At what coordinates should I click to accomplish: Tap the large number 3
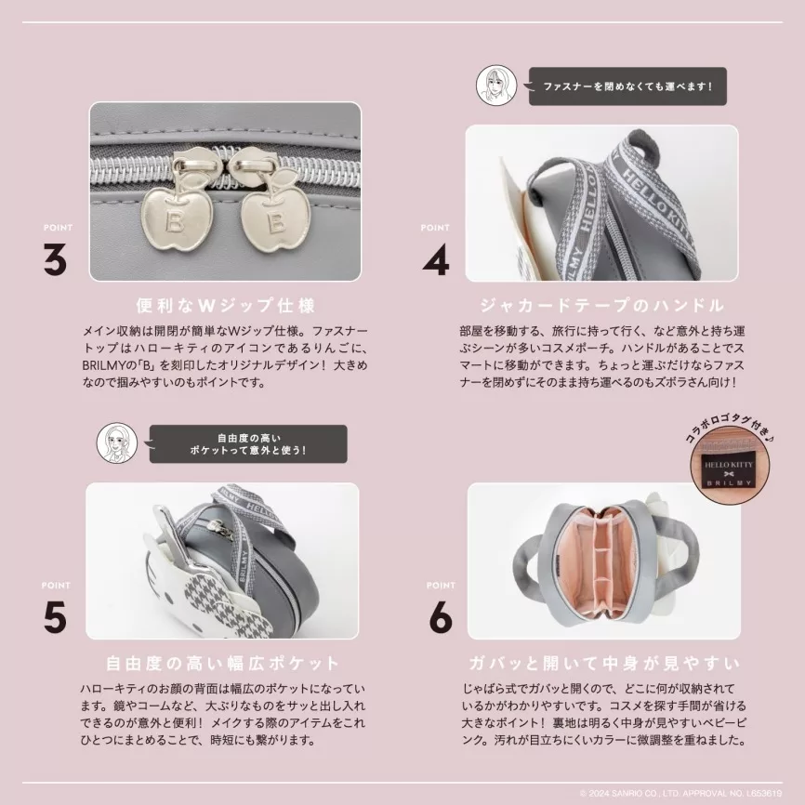55,259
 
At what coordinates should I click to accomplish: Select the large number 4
435,259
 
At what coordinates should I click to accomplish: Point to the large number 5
55,617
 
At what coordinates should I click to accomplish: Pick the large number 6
441,617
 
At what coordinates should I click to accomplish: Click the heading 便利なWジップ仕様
225,306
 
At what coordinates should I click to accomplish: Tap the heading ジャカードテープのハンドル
601,306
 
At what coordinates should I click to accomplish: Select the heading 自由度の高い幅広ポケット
222,664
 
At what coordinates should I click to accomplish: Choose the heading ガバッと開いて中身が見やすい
604,664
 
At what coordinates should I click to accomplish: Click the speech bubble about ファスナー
627,86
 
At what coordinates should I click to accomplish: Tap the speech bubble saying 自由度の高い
247,444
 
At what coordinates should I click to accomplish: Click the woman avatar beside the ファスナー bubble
496,86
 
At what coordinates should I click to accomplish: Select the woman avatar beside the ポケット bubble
117,442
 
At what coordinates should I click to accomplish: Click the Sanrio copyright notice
680,793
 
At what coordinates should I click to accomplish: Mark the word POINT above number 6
441,586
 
